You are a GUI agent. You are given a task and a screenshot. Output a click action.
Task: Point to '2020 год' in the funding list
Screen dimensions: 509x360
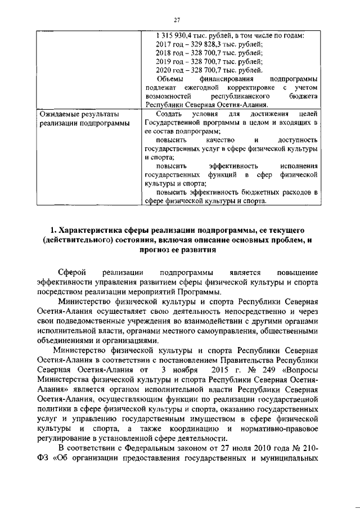tap(168, 70)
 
